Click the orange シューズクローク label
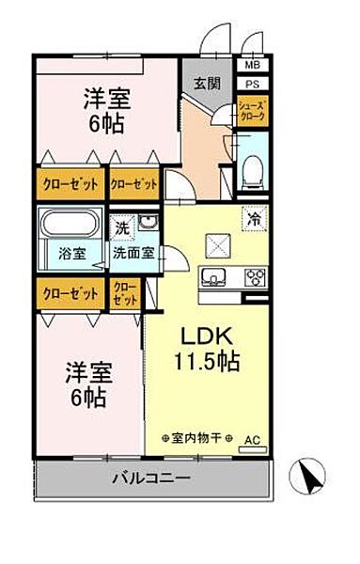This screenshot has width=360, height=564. coord(251,110)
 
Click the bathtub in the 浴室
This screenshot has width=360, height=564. coord(70,227)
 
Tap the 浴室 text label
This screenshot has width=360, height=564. coord(70,252)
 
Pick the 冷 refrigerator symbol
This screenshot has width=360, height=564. coord(252,219)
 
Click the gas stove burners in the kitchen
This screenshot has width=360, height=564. coord(255,276)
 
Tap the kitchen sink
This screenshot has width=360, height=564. coord(214,276)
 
